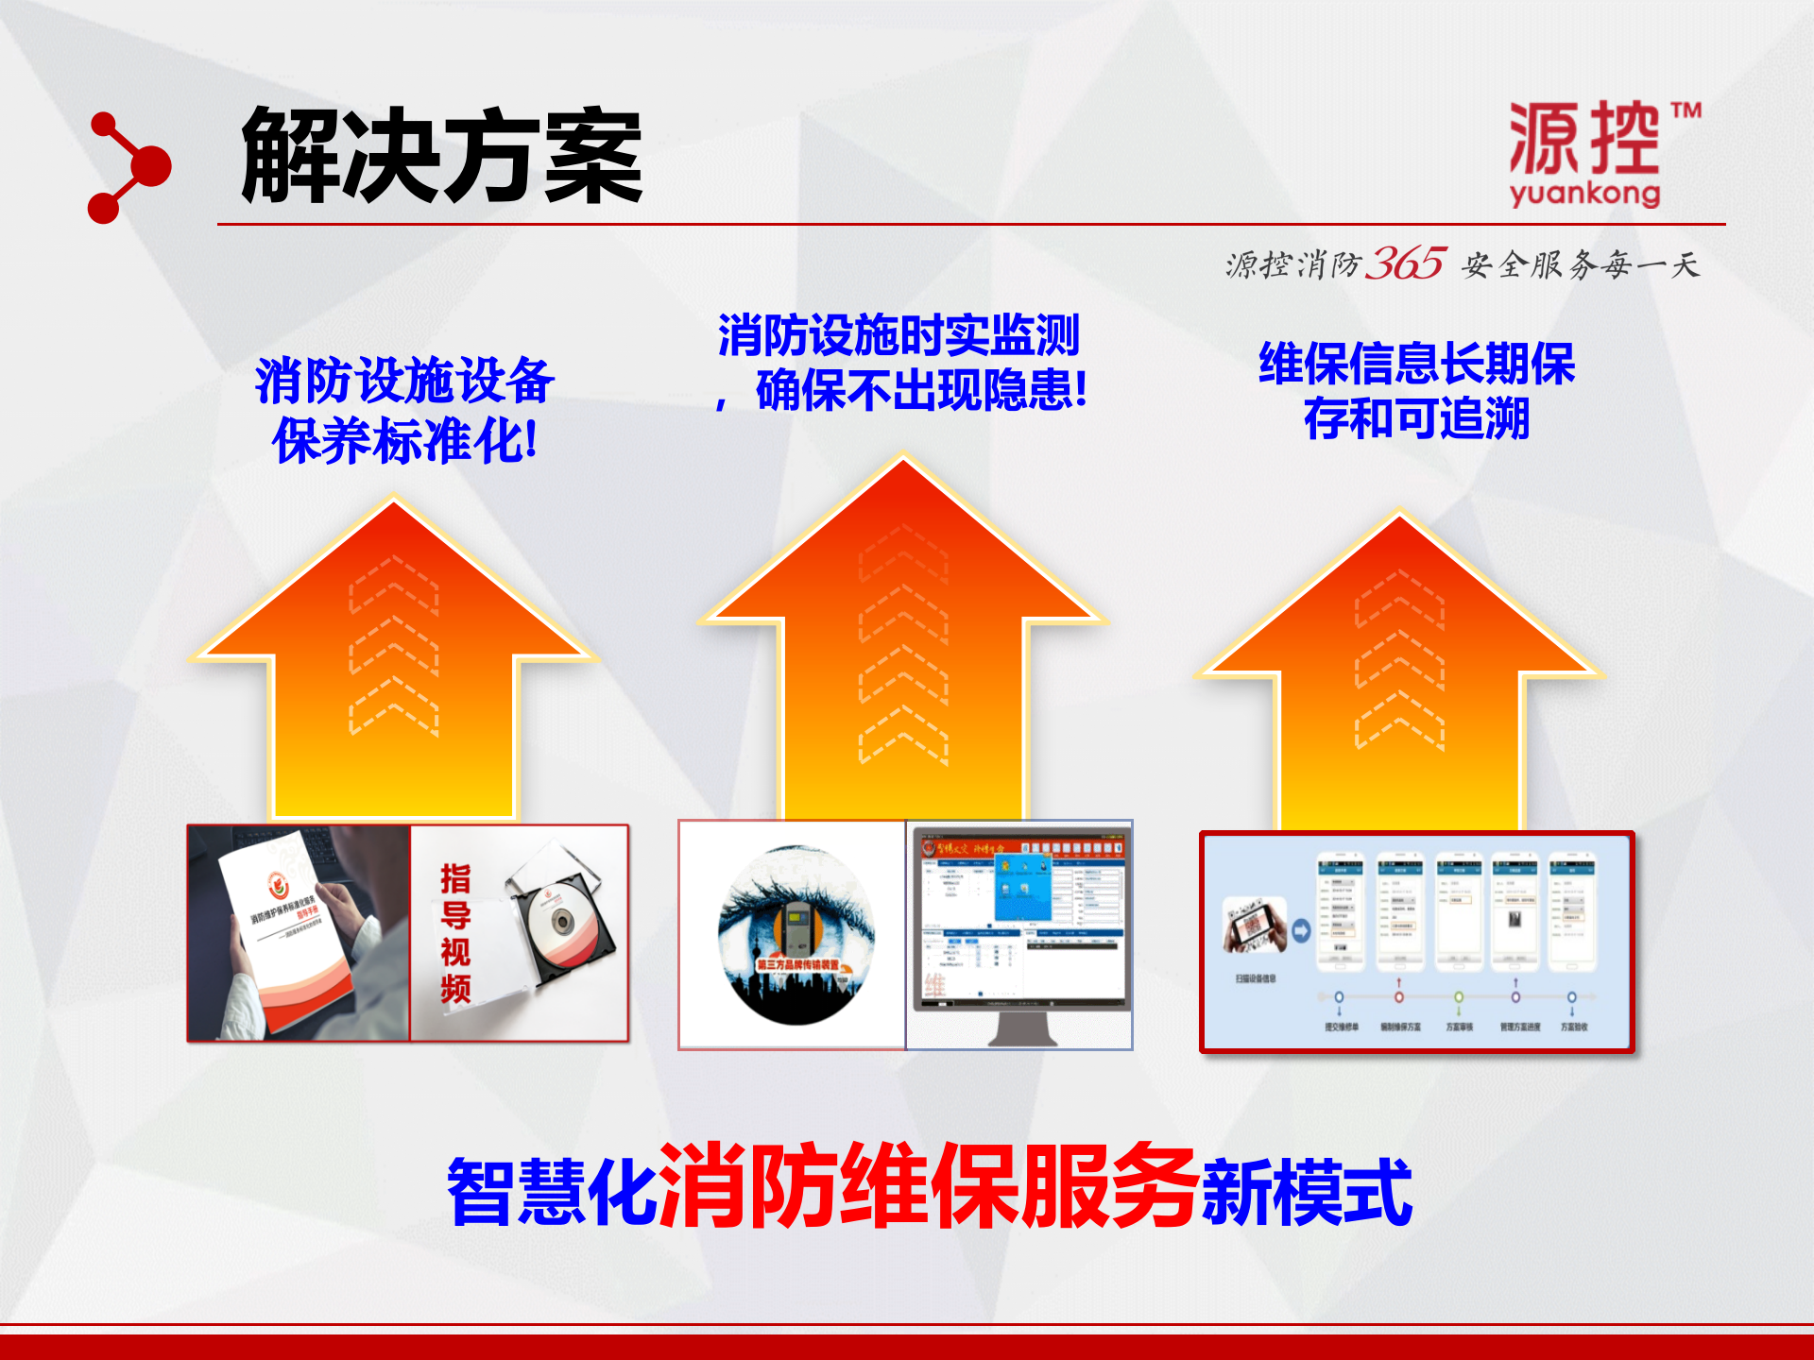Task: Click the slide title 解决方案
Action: click(442, 156)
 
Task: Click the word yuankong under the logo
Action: click(1584, 195)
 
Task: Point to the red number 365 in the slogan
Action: click(1407, 263)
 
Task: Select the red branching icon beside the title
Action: click(128, 168)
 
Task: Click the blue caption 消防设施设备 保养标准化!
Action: click(404, 410)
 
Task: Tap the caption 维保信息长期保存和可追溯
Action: click(1416, 391)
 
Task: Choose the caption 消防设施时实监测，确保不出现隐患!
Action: click(901, 363)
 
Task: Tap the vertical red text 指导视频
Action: click(455, 932)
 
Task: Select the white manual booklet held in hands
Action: click(283, 930)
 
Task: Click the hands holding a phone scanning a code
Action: click(1255, 926)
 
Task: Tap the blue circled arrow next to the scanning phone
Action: click(1301, 931)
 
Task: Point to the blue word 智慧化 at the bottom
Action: click(553, 1192)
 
